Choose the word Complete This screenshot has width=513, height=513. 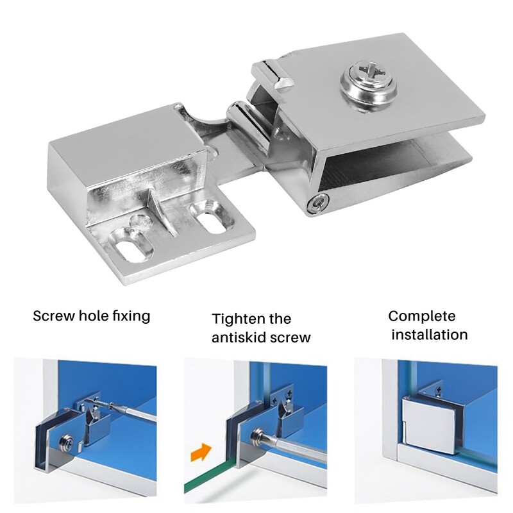coord(421,315)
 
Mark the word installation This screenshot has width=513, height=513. coord(430,334)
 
